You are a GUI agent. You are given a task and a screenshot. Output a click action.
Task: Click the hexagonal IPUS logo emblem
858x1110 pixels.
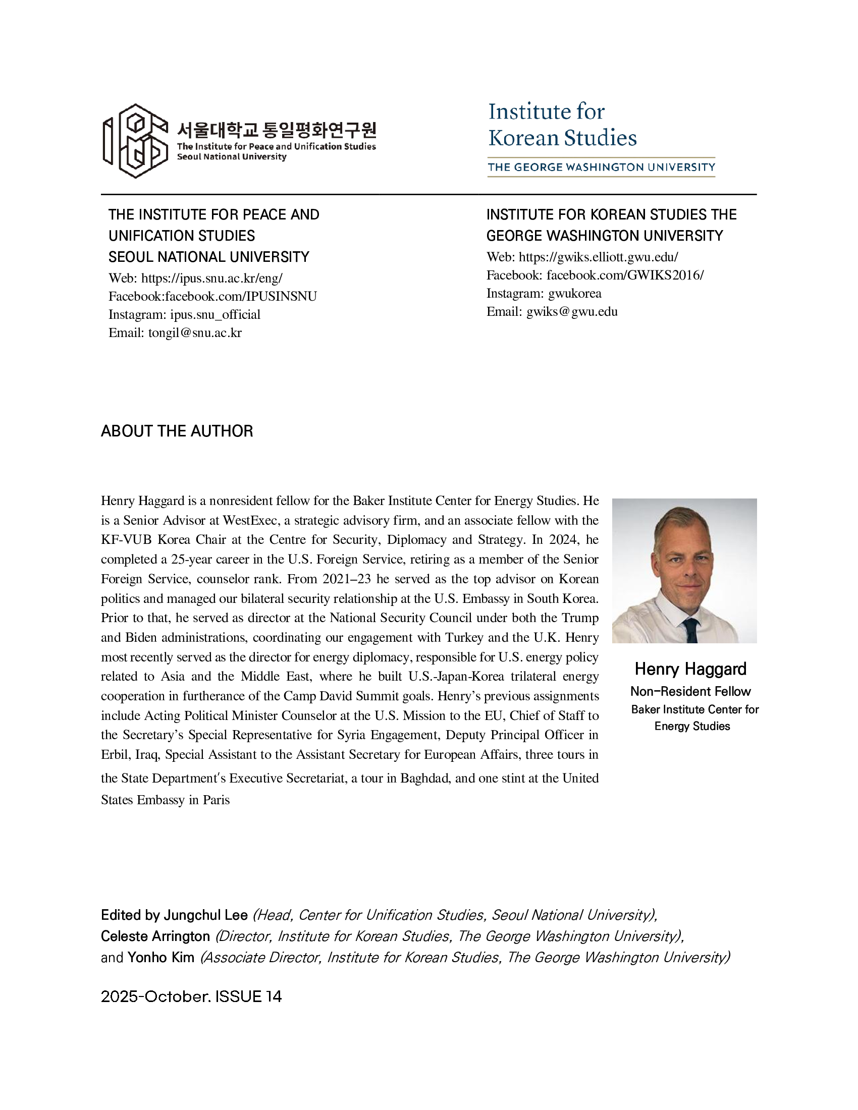(135, 141)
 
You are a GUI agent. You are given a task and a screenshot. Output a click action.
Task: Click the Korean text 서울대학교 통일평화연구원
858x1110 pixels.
(277, 130)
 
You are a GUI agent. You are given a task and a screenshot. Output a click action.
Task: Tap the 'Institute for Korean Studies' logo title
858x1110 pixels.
(562, 125)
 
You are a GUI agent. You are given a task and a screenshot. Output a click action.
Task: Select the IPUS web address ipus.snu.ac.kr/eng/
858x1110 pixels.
(211, 278)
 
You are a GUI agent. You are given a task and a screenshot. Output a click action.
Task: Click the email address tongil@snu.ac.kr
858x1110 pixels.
(195, 333)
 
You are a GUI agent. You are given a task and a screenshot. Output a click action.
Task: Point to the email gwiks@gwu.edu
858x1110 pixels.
(572, 311)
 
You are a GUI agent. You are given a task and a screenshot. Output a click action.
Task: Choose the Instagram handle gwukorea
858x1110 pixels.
(574, 293)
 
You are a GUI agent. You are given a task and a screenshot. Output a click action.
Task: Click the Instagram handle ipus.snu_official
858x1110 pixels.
(215, 315)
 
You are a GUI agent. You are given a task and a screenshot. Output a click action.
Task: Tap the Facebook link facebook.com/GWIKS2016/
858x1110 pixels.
(625, 275)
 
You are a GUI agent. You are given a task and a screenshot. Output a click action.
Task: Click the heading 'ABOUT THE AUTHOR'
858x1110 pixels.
(177, 431)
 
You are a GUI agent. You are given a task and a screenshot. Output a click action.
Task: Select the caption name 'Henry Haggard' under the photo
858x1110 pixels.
(690, 669)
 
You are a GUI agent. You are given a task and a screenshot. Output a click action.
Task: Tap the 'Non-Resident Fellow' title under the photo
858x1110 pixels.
(690, 691)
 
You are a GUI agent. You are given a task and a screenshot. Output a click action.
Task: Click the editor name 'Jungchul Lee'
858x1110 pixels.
(205, 915)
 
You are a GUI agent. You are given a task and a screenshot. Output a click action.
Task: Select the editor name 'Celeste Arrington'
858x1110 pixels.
(155, 936)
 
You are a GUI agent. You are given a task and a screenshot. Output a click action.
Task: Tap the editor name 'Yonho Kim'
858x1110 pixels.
(160, 958)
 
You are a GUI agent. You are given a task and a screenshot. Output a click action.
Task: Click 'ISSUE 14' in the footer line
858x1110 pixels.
(248, 996)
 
